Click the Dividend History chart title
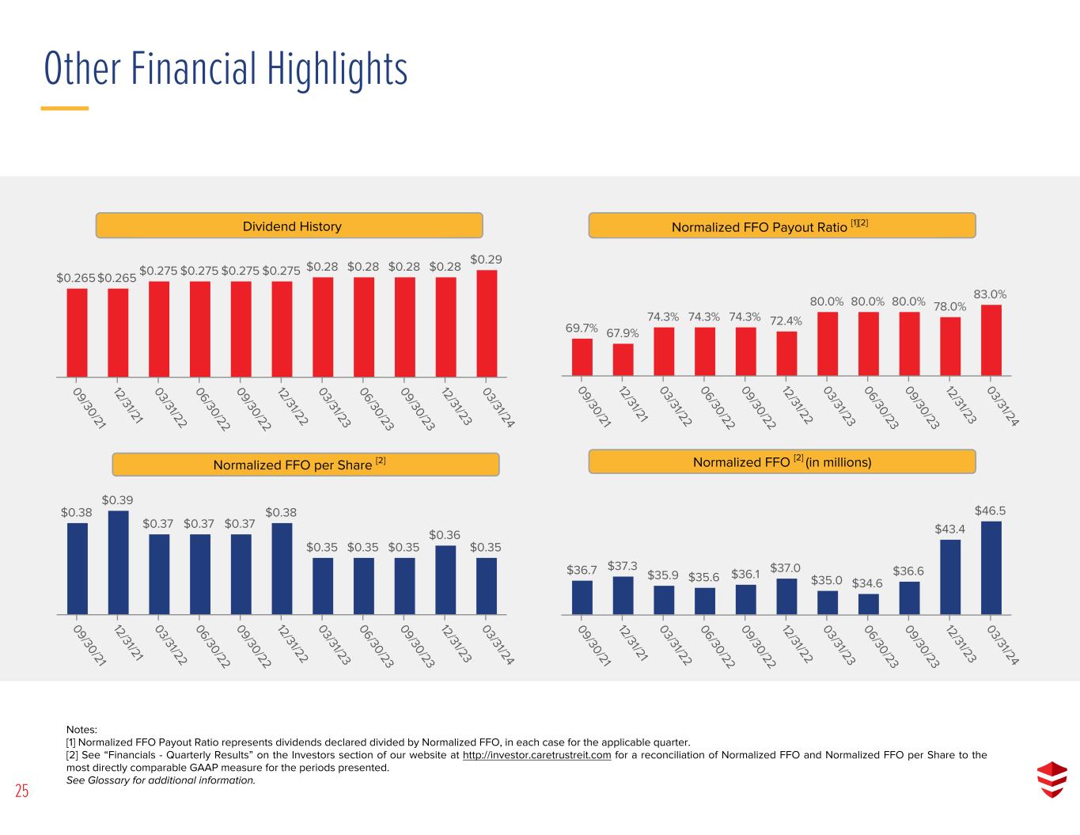(292, 226)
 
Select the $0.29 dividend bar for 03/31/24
(487, 324)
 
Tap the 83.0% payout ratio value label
(990, 294)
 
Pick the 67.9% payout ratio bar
(623, 360)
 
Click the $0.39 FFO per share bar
(119, 563)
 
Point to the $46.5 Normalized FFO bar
(991, 568)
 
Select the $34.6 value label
(867, 583)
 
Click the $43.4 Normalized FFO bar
(950, 578)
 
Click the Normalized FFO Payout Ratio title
(769, 226)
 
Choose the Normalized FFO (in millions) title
(783, 461)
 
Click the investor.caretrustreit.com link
(536, 755)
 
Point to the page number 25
(22, 791)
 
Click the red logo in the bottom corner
(1052, 780)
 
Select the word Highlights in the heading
(338, 70)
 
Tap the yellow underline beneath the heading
(65, 108)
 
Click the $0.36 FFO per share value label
(445, 535)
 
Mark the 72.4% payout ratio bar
(786, 354)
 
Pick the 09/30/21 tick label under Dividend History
(89, 408)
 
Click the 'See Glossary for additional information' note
(161, 780)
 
